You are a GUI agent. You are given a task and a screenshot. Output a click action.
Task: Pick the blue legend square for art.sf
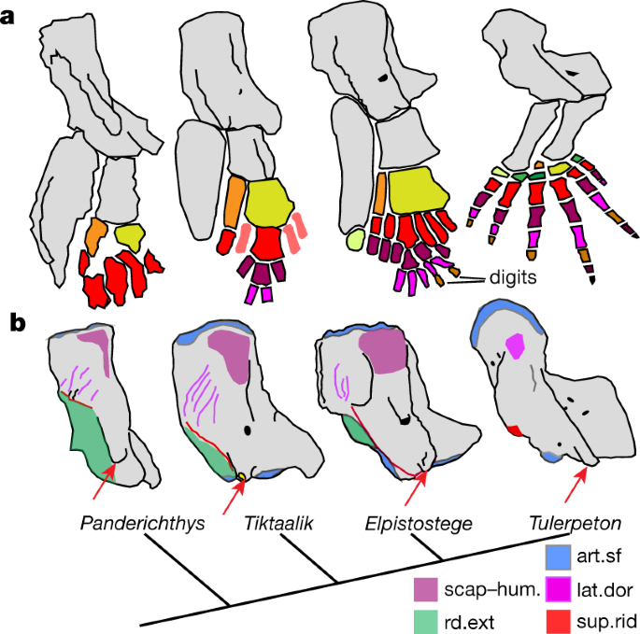click(x=555, y=557)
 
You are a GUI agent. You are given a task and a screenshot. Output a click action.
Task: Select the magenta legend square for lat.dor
click(x=555, y=588)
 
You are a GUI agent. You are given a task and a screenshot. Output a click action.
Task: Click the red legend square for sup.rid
click(x=555, y=619)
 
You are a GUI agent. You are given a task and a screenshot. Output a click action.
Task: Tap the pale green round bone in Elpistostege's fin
click(x=355, y=242)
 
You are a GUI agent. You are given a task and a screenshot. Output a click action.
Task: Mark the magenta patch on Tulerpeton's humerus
click(x=513, y=348)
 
